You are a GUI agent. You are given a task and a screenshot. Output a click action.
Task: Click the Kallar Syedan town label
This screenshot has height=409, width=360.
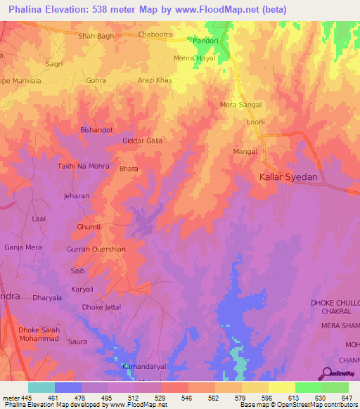pos(288,178)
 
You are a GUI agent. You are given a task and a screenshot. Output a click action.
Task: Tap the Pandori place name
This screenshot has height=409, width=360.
pos(207,41)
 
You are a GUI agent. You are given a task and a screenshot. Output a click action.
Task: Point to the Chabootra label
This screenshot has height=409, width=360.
pos(155,34)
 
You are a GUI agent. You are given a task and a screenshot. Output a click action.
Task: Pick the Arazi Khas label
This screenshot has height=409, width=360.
pos(155,81)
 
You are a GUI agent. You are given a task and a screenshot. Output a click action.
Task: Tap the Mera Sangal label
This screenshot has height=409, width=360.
pos(240,105)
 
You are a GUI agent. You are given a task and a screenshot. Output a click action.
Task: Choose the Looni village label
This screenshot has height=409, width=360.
pos(255,122)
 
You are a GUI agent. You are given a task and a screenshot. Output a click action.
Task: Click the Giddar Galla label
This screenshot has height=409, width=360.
pos(143,141)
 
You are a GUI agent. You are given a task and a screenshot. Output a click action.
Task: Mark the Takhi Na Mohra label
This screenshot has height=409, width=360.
pos(82,167)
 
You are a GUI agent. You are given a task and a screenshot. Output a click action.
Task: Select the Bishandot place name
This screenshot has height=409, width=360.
pos(96,131)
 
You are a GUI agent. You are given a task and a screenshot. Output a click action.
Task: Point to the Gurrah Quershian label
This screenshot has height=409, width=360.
pos(96,249)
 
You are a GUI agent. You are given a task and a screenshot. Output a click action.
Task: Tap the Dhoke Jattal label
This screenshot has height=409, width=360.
pos(103,307)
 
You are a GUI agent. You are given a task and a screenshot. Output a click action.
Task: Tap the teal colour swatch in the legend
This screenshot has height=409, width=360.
pos(41,387)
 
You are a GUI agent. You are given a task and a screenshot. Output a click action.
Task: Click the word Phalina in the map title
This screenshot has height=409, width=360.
pos(27,9)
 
